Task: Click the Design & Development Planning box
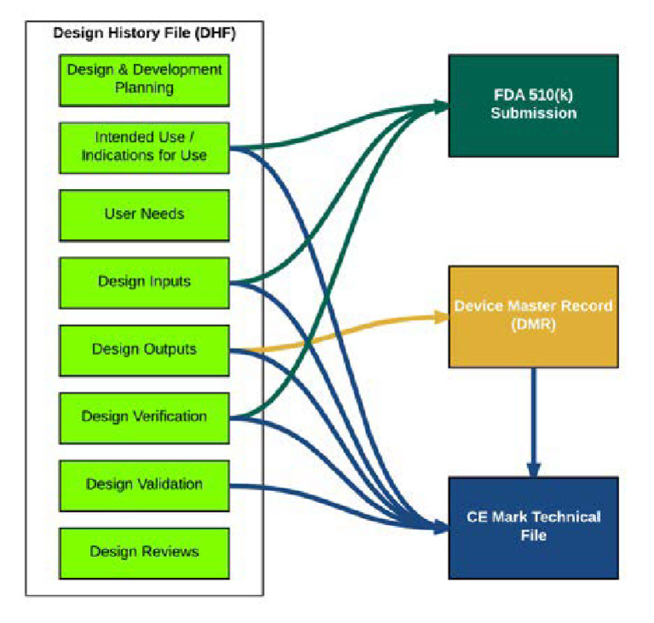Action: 144,78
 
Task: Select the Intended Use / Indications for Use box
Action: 144,146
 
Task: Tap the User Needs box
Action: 144,214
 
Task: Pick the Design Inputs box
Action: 144,282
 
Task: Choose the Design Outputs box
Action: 144,349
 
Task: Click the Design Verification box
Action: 144,416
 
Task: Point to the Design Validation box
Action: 144,484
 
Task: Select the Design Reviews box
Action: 144,552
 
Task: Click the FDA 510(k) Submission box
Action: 533,105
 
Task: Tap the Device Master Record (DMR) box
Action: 533,316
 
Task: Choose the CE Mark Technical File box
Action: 533,527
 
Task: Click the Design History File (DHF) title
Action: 144,34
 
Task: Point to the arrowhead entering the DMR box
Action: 441,317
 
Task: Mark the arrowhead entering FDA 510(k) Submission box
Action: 441,106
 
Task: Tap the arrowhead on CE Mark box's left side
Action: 441,528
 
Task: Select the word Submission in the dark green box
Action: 533,113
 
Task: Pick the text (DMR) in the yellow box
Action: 533,324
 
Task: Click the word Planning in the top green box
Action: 144,87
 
